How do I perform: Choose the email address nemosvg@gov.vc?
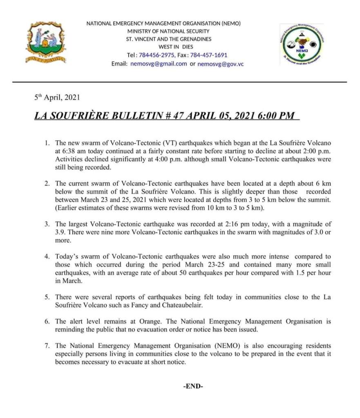(221, 64)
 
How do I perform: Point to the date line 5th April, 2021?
(57, 98)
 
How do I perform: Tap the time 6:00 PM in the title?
(276, 115)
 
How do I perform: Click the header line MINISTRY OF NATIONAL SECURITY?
(168, 31)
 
